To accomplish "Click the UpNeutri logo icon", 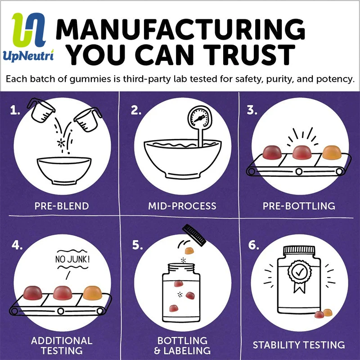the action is point(29,30).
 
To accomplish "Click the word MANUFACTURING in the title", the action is point(180,29).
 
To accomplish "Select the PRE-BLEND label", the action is point(62,206).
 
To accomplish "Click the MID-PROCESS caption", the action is point(182,206).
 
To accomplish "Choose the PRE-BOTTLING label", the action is point(299,206).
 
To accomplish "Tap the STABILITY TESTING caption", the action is point(299,345).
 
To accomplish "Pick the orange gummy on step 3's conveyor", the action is point(332,152).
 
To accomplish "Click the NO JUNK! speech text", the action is point(72,260).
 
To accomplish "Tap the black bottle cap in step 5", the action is point(194,235).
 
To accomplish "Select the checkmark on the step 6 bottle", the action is point(300,272).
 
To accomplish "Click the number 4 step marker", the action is point(17,245).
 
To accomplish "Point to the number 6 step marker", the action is point(254,245).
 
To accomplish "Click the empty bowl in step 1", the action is point(64,171).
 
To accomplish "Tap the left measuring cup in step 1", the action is point(41,110).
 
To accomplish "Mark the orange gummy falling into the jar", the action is point(189,251).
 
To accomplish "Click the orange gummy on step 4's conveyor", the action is point(92,293).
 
